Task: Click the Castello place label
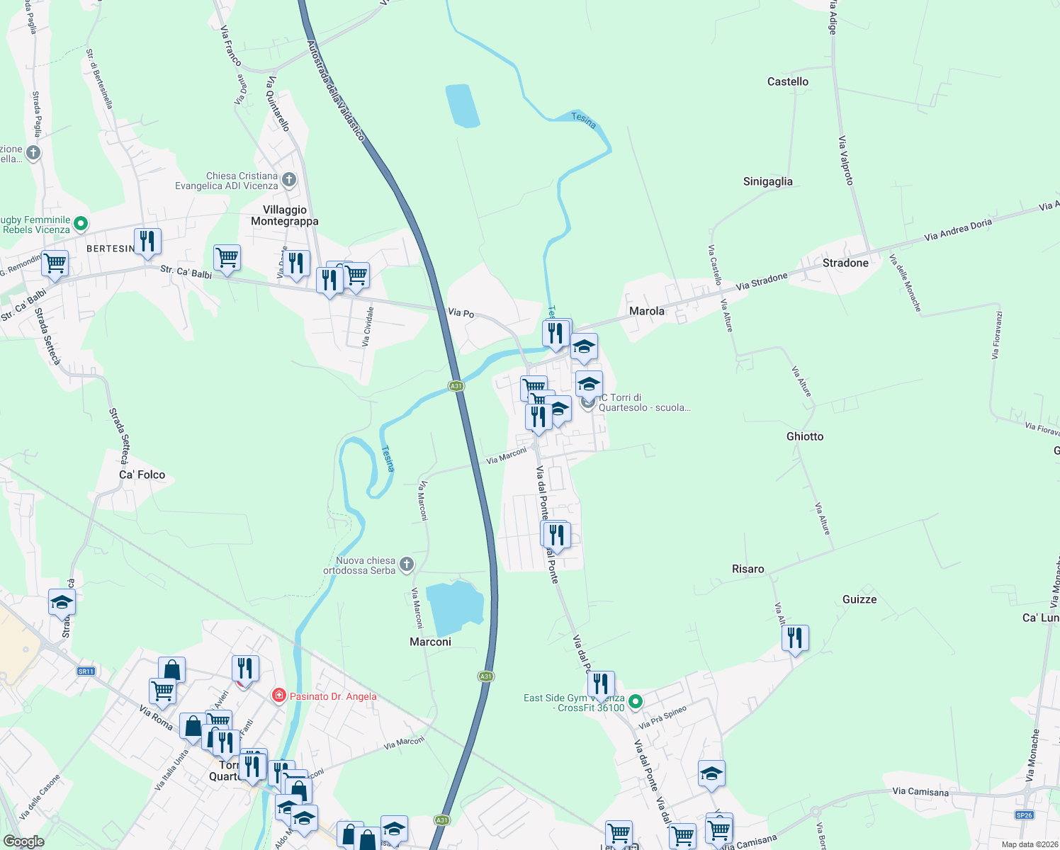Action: point(787,81)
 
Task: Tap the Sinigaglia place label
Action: point(767,181)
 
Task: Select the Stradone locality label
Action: point(845,263)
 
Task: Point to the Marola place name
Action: point(646,311)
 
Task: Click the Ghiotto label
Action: point(804,436)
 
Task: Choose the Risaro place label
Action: point(748,569)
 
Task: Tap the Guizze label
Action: point(859,599)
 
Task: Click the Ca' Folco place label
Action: point(142,475)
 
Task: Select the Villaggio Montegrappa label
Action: point(285,215)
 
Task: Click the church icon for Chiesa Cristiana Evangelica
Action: point(288,179)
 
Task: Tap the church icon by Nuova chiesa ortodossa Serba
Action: point(406,564)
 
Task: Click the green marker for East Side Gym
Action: point(636,701)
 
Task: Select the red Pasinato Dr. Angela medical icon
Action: point(279,696)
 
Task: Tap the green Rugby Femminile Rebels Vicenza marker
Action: point(81,224)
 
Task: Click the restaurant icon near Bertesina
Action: point(147,241)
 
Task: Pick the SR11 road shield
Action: point(86,671)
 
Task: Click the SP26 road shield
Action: point(1024,815)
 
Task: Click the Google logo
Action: point(23,841)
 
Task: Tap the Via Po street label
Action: point(461,312)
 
